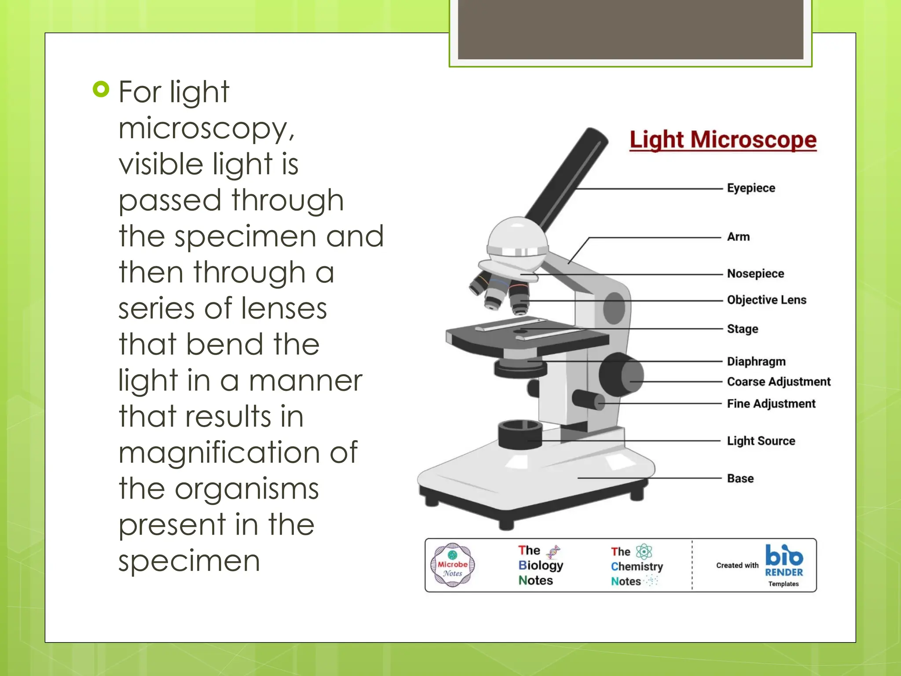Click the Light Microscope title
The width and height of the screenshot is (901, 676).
pos(723,140)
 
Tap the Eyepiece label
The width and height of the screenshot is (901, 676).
pos(751,188)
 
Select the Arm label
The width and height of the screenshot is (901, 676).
pos(738,237)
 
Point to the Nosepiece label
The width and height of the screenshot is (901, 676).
pos(755,273)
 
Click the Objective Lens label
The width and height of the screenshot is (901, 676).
pos(766,300)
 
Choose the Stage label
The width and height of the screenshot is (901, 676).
pos(743,329)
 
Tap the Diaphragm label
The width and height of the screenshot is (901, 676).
pos(756,361)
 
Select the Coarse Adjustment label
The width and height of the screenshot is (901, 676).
pos(778,382)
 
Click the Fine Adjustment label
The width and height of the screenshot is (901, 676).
pos(771,404)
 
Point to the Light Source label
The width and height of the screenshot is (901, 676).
pos(761,441)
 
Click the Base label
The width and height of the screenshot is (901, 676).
pos(740,478)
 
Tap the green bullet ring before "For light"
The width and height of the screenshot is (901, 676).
pos(101,89)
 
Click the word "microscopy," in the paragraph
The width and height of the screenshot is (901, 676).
pos(206,129)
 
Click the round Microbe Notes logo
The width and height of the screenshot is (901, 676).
pos(453,566)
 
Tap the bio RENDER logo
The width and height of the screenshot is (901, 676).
pos(784,562)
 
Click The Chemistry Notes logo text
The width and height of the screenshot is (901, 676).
pos(636,566)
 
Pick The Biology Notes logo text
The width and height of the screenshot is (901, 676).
pos(540,565)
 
